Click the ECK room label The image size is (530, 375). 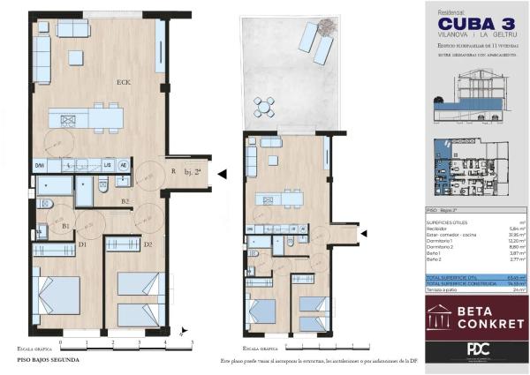pyautogui.click(x=124, y=83)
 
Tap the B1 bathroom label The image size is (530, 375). pyautogui.click(x=65, y=226)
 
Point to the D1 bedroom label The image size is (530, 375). pyautogui.click(x=82, y=244)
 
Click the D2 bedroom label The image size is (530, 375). pyautogui.click(x=148, y=244)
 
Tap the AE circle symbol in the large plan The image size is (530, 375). pyautogui.click(x=124, y=165)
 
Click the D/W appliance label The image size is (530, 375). pyautogui.click(x=40, y=165)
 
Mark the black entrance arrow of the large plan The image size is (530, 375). pyautogui.click(x=222, y=175)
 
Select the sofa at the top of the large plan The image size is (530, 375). pyautogui.click(x=72, y=30)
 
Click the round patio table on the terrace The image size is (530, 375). pyautogui.click(x=263, y=107)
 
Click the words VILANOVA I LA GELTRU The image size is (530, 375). pyautogui.click(x=476, y=35)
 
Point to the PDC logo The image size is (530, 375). pyautogui.click(x=477, y=349)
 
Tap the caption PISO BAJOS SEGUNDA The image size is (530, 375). pyautogui.click(x=49, y=360)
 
